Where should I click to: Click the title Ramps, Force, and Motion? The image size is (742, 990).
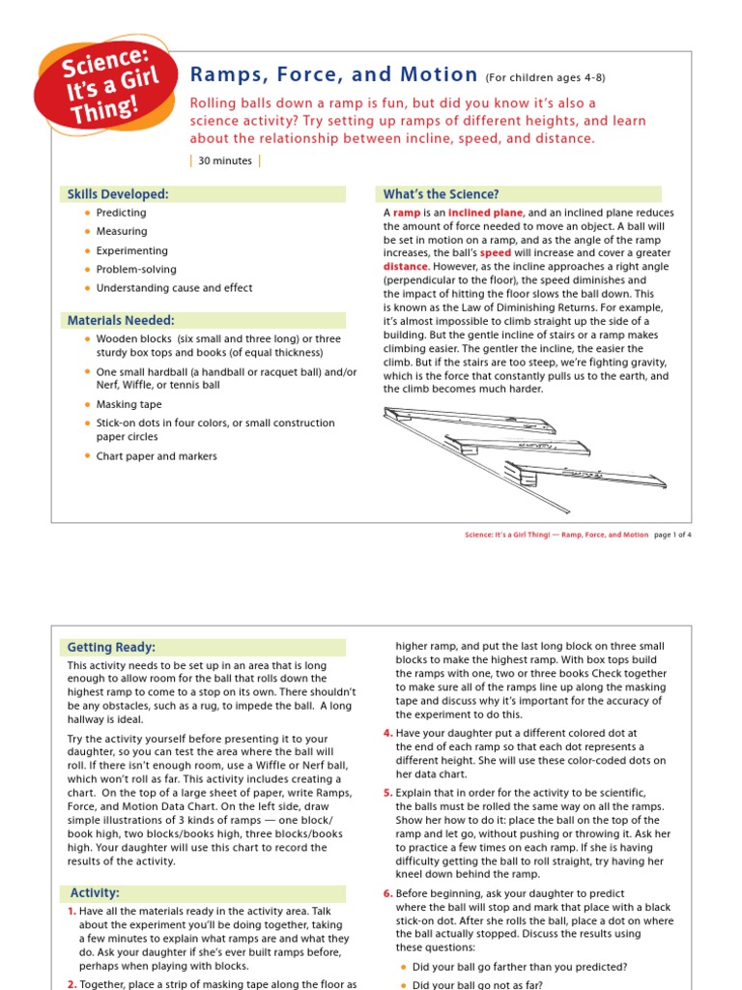point(334,75)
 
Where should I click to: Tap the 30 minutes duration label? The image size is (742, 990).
point(225,161)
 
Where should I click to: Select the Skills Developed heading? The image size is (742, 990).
point(118,194)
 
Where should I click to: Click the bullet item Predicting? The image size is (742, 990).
point(122,213)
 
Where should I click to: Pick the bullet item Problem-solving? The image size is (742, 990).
point(136,270)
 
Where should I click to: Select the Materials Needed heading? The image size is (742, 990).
point(121,320)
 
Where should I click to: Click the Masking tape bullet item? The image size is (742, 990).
point(129,405)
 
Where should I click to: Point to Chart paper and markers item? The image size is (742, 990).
point(157,456)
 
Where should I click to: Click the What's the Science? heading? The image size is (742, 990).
point(442,194)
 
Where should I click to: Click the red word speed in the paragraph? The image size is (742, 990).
point(496,253)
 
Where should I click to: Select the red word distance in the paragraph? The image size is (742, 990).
point(405,267)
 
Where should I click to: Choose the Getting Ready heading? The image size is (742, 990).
point(111,647)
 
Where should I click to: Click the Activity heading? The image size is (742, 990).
point(96,892)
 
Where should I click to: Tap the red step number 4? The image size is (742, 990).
point(387,734)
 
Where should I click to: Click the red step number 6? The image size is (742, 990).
point(387,894)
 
